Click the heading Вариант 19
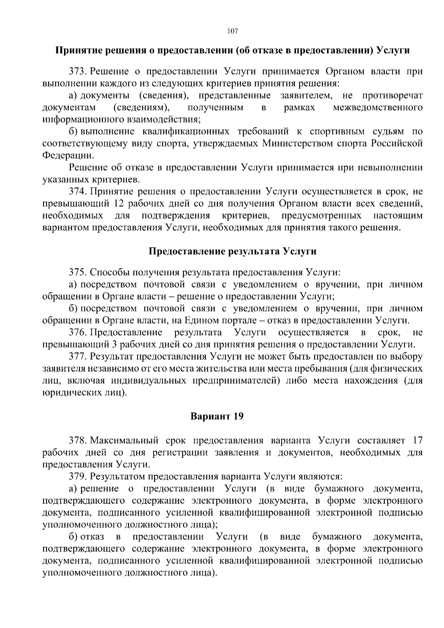(x=217, y=416)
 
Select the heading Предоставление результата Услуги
(x=232, y=252)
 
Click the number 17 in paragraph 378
(x=417, y=440)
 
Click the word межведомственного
(x=378, y=108)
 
